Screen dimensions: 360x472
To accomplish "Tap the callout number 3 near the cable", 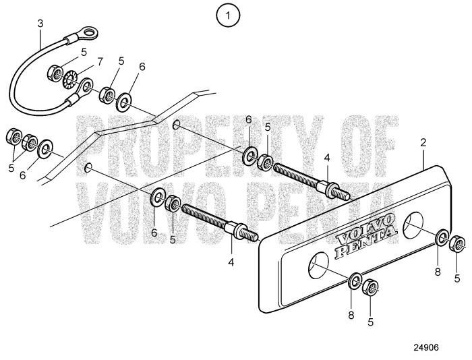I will (40, 24).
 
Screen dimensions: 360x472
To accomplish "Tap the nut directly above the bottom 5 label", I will (370, 289).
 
